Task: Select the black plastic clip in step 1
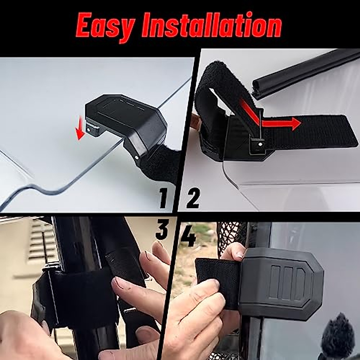point(129,120)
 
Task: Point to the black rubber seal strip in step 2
point(303,73)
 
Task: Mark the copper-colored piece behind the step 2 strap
point(196,120)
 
